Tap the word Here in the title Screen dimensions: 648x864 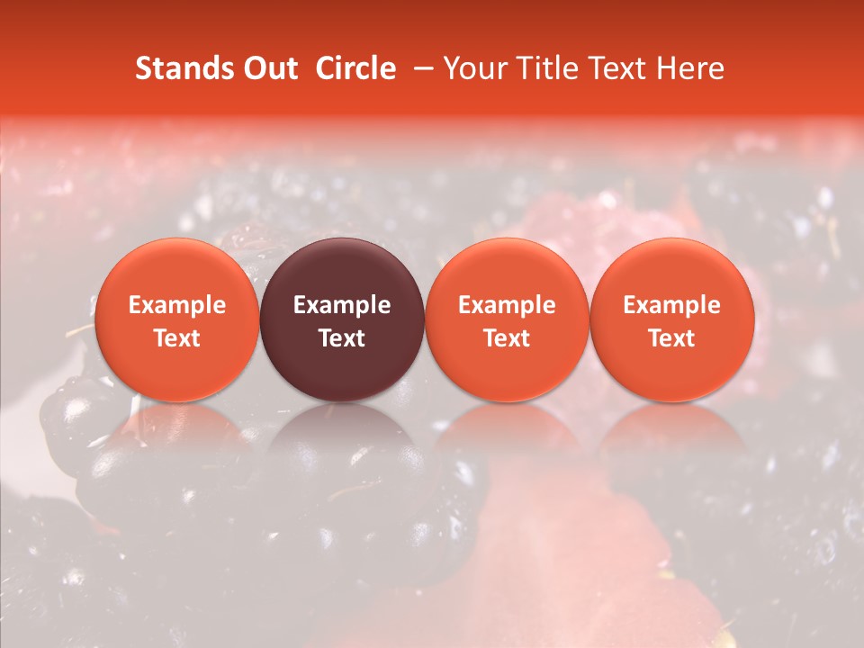click(691, 68)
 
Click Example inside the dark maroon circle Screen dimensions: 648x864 click(342, 305)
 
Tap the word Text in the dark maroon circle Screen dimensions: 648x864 click(342, 338)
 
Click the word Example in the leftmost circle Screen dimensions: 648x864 click(176, 305)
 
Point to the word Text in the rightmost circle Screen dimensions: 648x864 click(671, 338)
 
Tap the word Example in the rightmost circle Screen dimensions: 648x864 click(671, 305)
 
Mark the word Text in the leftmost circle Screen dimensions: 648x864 click(176, 338)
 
